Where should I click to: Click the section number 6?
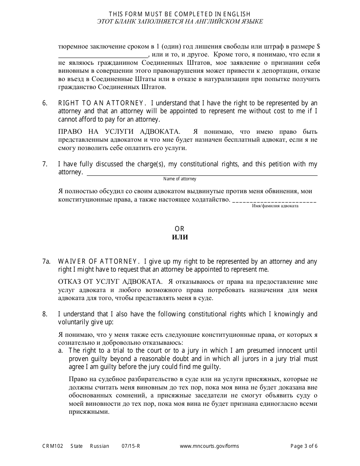point(44,103)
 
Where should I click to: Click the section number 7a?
point(46,261)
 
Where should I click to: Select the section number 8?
point(44,314)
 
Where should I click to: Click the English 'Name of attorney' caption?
point(180,179)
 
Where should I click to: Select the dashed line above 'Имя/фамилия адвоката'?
point(274,201)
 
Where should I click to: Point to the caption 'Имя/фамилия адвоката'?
point(275,206)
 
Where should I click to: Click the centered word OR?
point(180,229)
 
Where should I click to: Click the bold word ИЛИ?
point(180,238)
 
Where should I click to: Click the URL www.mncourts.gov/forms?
point(209,446)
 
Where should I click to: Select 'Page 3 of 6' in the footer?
point(304,446)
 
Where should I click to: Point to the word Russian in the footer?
point(99,446)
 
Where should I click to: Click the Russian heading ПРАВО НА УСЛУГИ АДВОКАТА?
point(119,132)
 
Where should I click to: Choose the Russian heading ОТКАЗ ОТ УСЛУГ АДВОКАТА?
point(110,281)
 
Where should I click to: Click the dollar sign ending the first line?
point(318,47)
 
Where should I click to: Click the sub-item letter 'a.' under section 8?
point(61,350)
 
